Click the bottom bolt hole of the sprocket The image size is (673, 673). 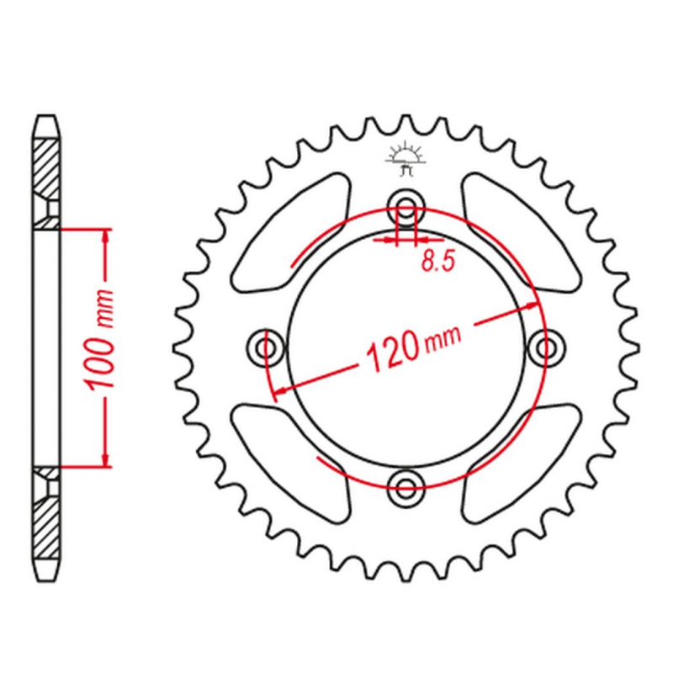coord(405,486)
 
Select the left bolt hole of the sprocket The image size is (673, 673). coord(266,347)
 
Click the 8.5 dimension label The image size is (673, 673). coord(437,261)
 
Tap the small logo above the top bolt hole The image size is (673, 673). coord(405,159)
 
